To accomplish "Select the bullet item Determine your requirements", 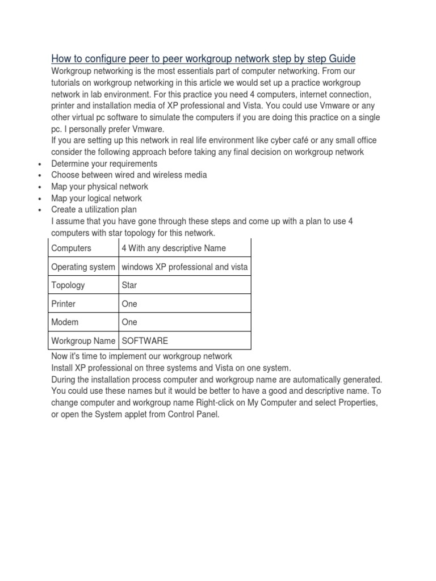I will pos(104,163).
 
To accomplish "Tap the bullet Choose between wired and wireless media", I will pos(129,175).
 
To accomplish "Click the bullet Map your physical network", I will pos(100,187).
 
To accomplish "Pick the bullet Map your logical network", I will pos(97,199).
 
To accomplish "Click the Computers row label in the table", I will pos(71,248).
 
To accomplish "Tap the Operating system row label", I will pos(83,267).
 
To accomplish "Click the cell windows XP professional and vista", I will pos(185,267).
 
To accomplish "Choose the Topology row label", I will pos(68,285).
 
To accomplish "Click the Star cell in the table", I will pos(129,285).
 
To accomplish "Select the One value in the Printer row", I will pos(129,304).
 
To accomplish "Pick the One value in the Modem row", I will pos(129,322).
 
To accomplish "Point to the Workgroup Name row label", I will pos(83,341).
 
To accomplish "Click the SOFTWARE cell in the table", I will pos(145,341).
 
